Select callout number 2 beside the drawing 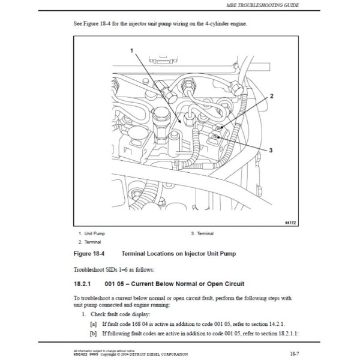271,96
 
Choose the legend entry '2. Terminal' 90,242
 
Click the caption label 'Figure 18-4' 91,254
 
